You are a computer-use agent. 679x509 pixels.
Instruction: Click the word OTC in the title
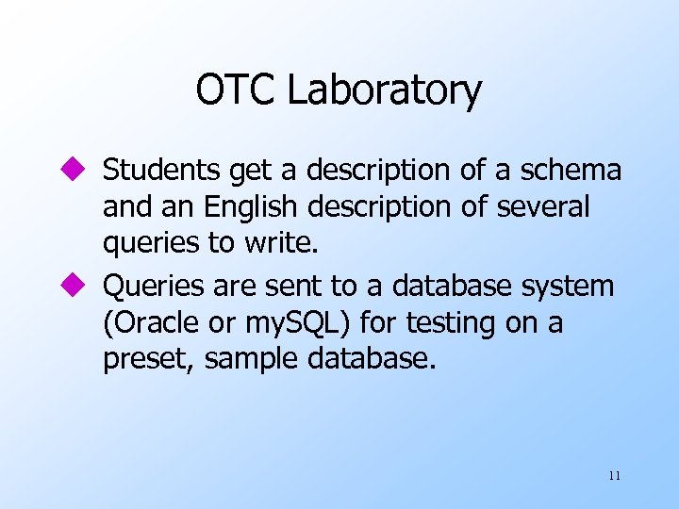tap(237, 90)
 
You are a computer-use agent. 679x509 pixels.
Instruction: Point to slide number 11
tap(614, 476)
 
